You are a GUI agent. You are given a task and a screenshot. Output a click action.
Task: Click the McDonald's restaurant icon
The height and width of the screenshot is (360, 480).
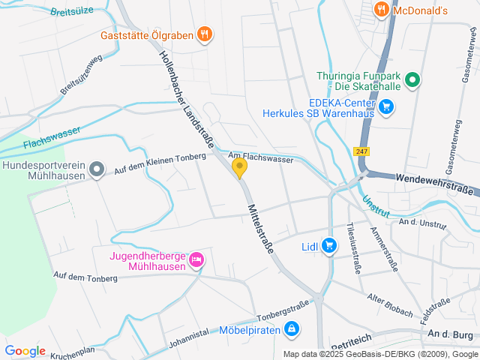pyautogui.click(x=382, y=10)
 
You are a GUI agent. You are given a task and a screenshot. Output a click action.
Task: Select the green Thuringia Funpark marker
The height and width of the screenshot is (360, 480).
pyautogui.click(x=412, y=79)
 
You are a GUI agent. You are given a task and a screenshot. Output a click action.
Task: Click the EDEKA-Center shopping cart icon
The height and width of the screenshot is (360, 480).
pyautogui.click(x=386, y=106)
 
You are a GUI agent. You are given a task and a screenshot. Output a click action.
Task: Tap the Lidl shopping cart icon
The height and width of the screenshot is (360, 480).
pyautogui.click(x=329, y=245)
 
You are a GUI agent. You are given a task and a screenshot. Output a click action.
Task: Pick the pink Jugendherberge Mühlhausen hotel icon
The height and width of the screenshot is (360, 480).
pyautogui.click(x=196, y=259)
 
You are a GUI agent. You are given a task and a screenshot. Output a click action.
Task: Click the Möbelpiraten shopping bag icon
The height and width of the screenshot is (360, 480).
pyautogui.click(x=292, y=328)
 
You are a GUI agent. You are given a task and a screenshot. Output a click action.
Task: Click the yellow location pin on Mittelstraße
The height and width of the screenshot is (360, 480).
pyautogui.click(x=240, y=168)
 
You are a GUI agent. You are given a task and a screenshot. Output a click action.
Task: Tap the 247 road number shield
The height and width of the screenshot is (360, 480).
pyautogui.click(x=361, y=151)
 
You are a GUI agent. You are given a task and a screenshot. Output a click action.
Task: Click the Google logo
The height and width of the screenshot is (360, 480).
pyautogui.click(x=25, y=351)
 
